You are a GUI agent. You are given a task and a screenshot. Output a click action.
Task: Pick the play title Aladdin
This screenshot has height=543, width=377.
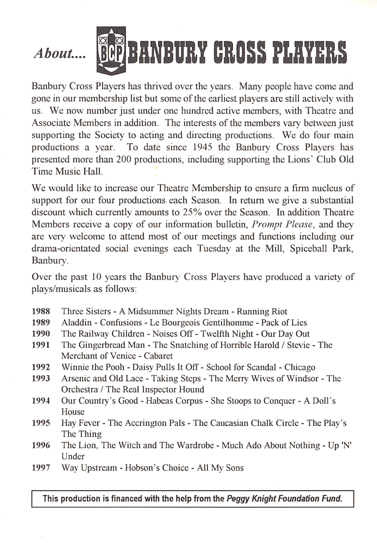(77, 323)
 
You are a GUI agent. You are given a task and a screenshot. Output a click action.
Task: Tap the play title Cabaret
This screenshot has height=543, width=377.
(157, 356)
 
